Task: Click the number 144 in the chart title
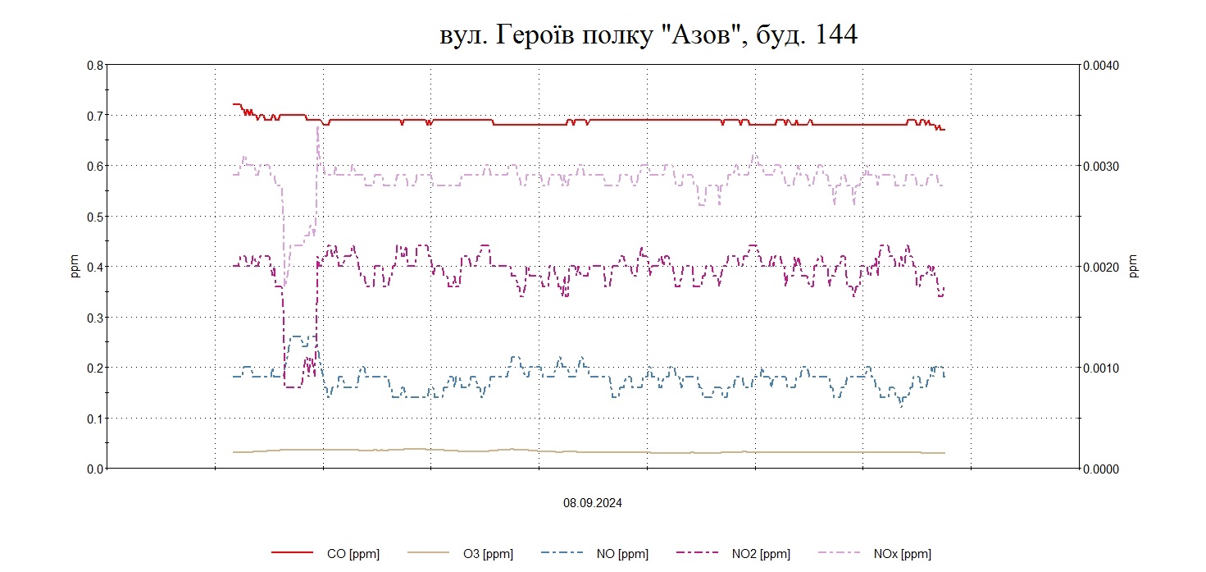835,35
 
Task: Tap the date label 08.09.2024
592,503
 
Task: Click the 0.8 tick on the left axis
94,65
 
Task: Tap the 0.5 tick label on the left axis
94,217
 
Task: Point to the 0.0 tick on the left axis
94,469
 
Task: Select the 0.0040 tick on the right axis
1102,65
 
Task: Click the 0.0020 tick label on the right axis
1102,267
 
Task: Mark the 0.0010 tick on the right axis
1102,368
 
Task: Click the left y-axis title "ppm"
75,267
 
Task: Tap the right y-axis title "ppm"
1134,267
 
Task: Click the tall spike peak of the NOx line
317,128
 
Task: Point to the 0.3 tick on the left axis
94,318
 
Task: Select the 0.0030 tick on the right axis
1102,166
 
